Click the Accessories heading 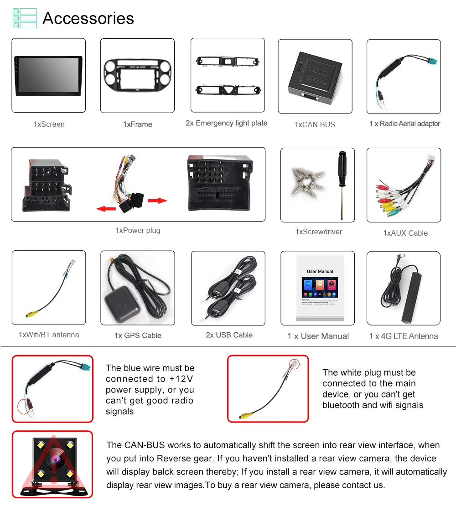pyautogui.click(x=88, y=19)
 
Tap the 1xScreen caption pyautogui.click(x=49, y=124)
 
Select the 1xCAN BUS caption pyautogui.click(x=315, y=124)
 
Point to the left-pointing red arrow pyautogui.click(x=106, y=208)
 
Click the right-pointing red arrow pyautogui.click(x=157, y=201)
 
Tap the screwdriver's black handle pyautogui.click(x=341, y=165)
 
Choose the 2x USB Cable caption pyautogui.click(x=229, y=335)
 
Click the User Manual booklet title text pyautogui.click(x=320, y=271)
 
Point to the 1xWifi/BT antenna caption pyautogui.click(x=49, y=335)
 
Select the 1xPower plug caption pyautogui.click(x=138, y=230)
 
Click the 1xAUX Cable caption pyautogui.click(x=405, y=233)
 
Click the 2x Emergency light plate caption pyautogui.click(x=226, y=123)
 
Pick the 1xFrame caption pyautogui.click(x=137, y=124)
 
